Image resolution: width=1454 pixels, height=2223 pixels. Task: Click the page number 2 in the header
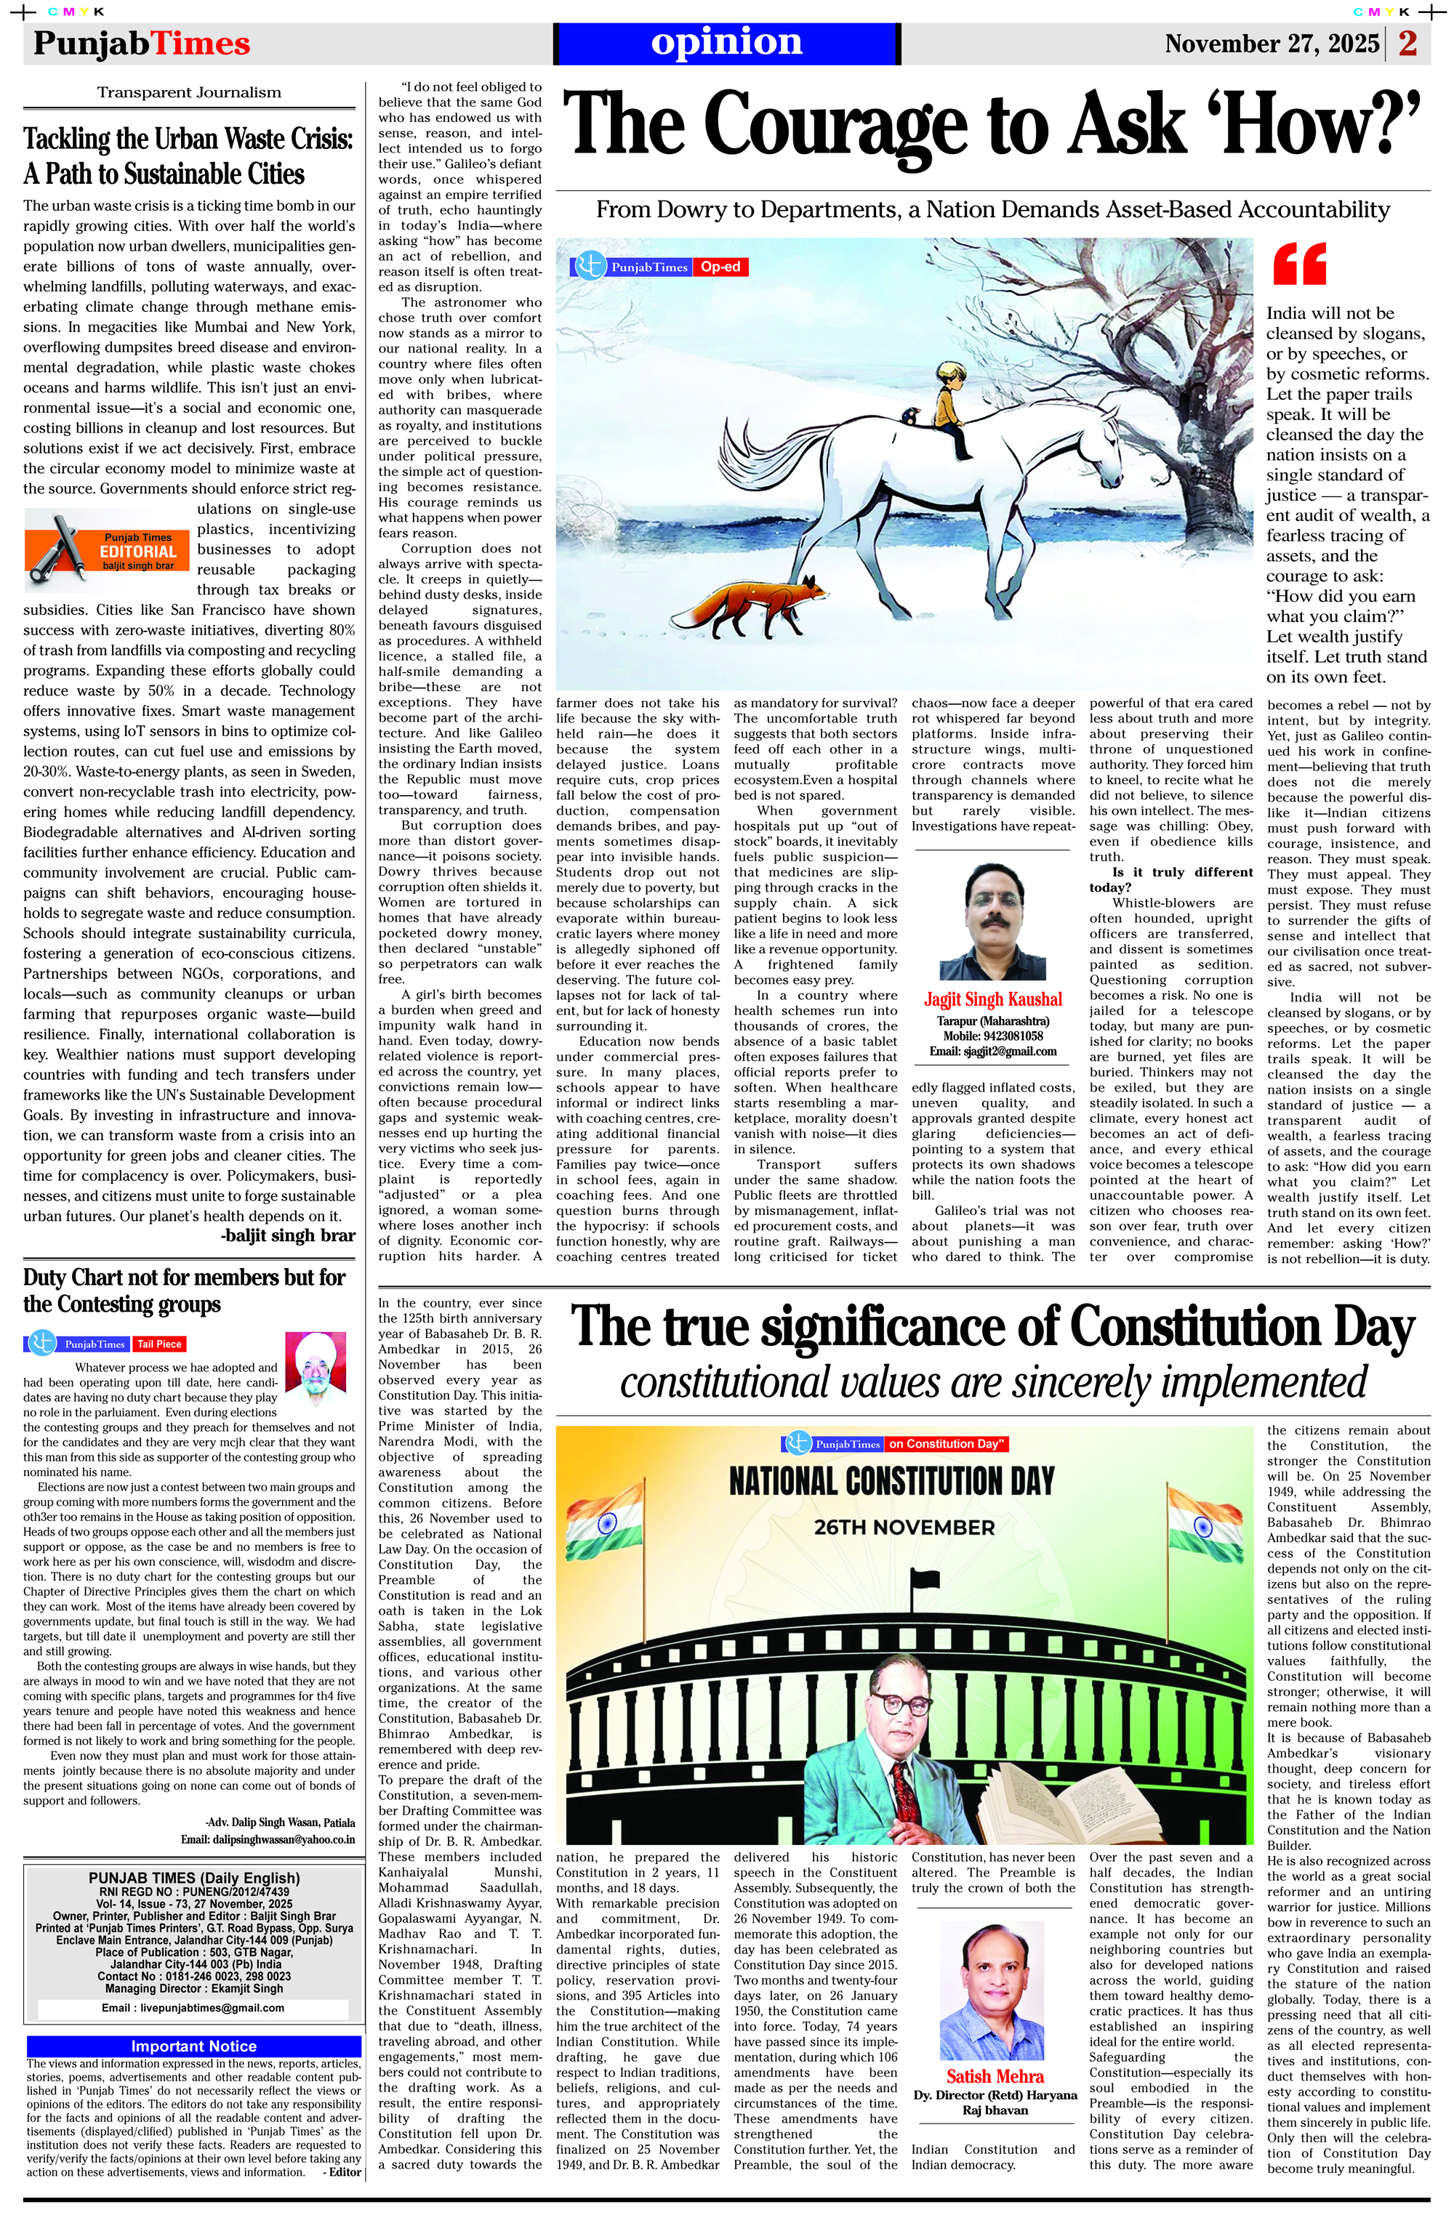coord(1408,43)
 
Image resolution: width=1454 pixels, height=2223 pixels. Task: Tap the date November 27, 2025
coord(1271,44)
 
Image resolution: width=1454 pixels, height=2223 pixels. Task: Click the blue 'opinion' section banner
coord(727,43)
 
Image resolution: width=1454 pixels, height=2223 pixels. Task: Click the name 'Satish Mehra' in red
coord(995,2076)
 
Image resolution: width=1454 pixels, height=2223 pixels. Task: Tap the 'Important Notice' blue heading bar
coord(193,2046)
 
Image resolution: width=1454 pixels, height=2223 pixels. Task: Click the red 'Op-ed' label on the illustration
coord(720,267)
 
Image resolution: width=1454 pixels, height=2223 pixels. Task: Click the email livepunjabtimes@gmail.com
coord(193,2007)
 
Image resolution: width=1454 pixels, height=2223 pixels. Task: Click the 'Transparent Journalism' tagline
coord(189,92)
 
